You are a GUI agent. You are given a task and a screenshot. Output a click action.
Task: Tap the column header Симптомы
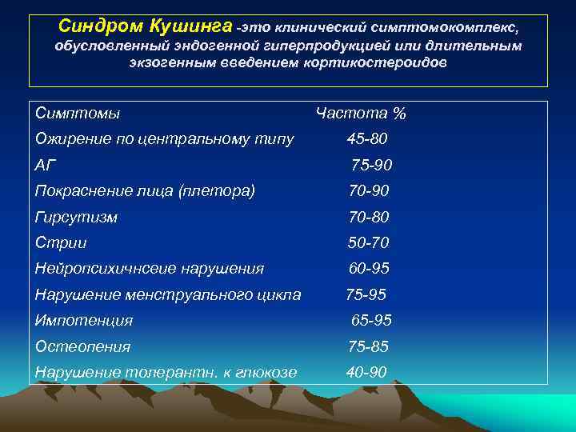point(78,114)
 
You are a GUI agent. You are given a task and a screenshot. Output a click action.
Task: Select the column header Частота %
point(361,114)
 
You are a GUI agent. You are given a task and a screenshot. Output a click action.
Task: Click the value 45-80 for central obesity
point(367,139)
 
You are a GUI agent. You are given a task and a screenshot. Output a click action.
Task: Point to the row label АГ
point(46,165)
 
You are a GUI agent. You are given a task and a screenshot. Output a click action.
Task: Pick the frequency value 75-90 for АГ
point(371,165)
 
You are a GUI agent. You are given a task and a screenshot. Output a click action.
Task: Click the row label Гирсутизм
point(76,216)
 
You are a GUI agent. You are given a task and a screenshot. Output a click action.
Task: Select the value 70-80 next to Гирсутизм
point(368,216)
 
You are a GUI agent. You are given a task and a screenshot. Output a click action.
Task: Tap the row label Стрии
point(61,242)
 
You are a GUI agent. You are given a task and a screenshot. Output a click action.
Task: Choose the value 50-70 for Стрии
point(368,242)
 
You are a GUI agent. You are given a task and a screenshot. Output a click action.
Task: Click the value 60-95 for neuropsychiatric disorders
point(368,268)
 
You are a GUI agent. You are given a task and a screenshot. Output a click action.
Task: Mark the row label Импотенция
point(84,320)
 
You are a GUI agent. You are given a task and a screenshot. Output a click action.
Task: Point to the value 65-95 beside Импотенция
point(371,320)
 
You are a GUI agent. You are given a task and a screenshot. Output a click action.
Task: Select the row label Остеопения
point(83,346)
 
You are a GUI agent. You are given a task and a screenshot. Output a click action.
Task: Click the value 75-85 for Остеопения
point(368,346)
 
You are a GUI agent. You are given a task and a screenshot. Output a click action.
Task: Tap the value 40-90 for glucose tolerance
point(367,372)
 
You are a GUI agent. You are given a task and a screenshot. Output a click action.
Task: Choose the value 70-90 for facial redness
point(368,190)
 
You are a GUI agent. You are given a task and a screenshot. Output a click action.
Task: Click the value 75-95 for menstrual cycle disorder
point(366,294)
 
